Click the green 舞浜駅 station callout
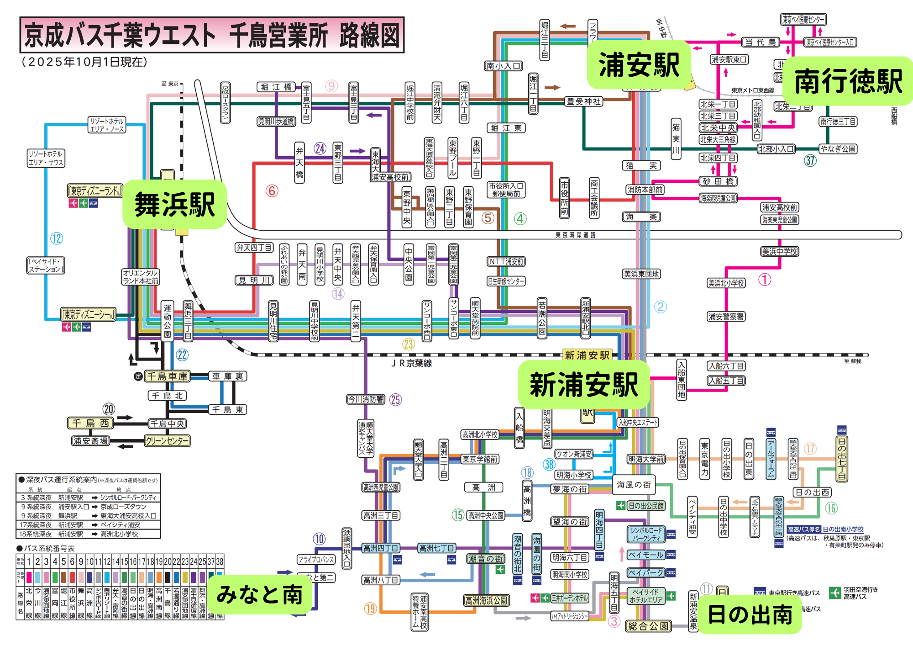(x=175, y=204)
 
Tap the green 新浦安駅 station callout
(x=583, y=385)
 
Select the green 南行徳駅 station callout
(x=848, y=81)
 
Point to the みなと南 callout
(x=259, y=595)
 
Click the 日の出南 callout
(x=750, y=614)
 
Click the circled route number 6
(x=272, y=191)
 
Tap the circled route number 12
(x=57, y=238)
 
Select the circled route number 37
(x=810, y=160)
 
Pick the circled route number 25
(x=395, y=400)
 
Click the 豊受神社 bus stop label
(x=583, y=101)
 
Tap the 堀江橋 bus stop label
(x=276, y=87)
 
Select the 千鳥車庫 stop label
(x=167, y=376)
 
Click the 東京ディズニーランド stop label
(x=95, y=191)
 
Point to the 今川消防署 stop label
(x=366, y=400)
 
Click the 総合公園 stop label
(x=648, y=626)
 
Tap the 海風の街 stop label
(x=634, y=485)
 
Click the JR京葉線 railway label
(x=411, y=363)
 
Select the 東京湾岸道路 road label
(x=575, y=235)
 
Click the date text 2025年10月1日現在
(x=85, y=62)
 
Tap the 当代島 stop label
(x=761, y=42)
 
